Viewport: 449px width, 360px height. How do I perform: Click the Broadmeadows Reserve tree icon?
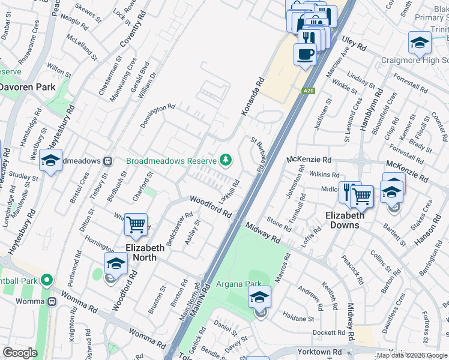click(226, 160)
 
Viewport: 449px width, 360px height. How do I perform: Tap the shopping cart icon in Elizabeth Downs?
click(361, 195)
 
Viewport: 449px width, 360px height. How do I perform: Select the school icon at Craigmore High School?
click(420, 43)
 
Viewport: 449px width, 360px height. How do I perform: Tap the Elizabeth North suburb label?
click(145, 253)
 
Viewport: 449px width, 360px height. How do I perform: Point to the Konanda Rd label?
click(253, 96)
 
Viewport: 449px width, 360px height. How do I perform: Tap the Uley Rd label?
click(354, 43)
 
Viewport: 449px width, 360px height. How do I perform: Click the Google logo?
click(19, 353)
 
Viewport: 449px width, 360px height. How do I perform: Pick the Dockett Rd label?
click(328, 332)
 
